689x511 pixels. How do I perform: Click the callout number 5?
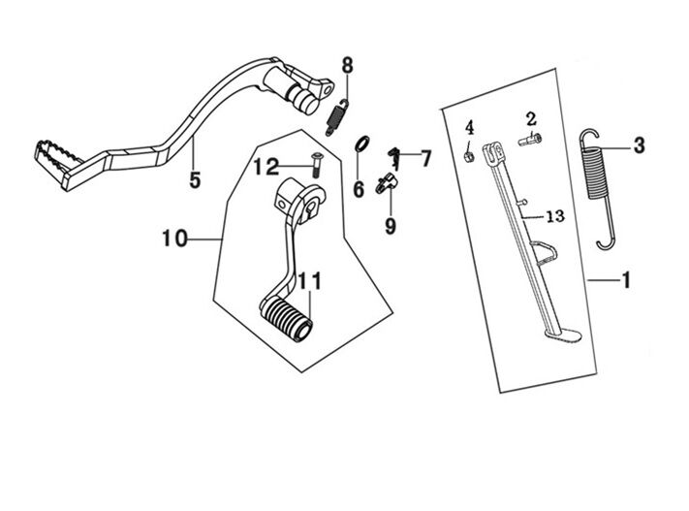tap(195, 180)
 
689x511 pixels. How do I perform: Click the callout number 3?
tap(638, 146)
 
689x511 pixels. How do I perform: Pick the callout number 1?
tap(626, 281)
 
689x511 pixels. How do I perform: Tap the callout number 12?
tap(266, 167)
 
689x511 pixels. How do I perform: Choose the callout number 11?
tap(308, 281)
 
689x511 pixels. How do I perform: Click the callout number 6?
tap(359, 188)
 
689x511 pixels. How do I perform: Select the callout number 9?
tap(391, 225)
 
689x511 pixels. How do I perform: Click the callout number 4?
tap(469, 128)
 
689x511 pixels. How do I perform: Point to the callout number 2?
tap(531, 119)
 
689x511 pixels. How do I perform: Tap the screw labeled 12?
tap(316, 161)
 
